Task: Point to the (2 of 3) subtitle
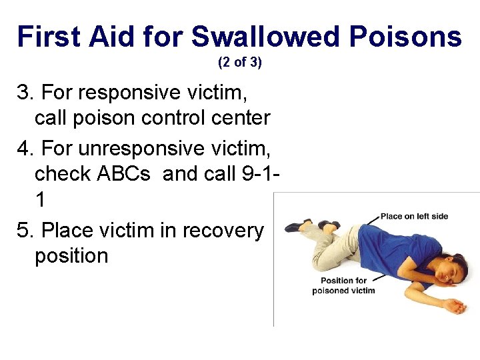coord(240,63)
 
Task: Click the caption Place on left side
coord(414,217)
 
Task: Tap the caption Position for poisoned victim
coord(343,285)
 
